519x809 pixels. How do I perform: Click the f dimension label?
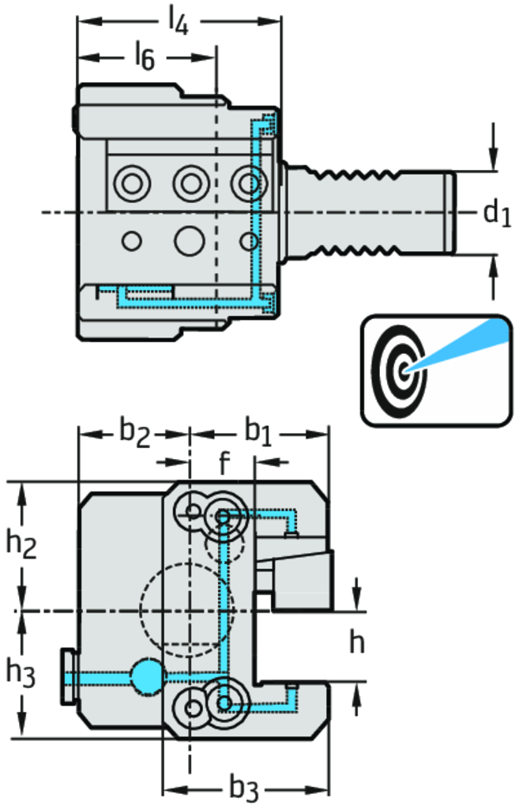click(x=224, y=464)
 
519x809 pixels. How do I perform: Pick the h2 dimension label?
click(x=22, y=544)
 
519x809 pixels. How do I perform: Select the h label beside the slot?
click(x=357, y=643)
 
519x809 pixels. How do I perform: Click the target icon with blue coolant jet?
click(x=434, y=367)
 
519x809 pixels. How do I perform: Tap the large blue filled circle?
click(x=147, y=676)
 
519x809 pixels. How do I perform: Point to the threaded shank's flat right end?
click(x=453, y=212)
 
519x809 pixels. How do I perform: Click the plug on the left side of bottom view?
click(x=68, y=678)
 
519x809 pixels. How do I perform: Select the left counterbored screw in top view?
click(x=131, y=185)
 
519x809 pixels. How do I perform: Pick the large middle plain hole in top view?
click(x=189, y=239)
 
